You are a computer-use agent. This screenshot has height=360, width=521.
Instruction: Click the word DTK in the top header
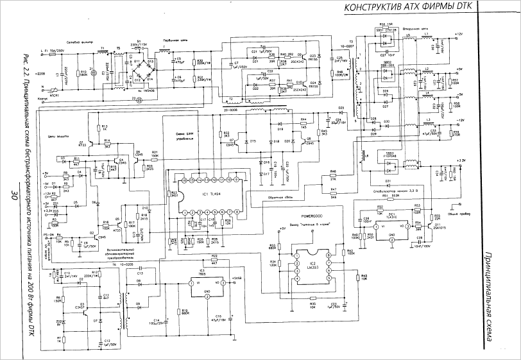(465, 8)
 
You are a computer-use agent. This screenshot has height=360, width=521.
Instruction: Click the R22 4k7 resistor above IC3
(214, 259)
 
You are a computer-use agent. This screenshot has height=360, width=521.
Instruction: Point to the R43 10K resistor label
(364, 277)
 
